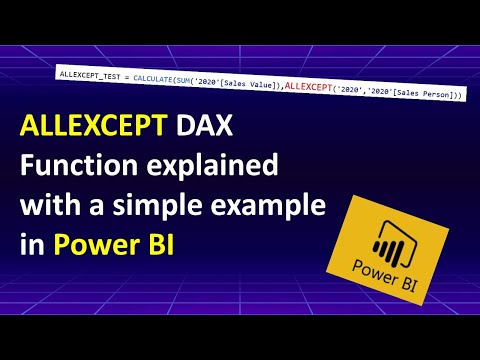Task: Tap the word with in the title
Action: coord(45,205)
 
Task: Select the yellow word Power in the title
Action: coord(87,243)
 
